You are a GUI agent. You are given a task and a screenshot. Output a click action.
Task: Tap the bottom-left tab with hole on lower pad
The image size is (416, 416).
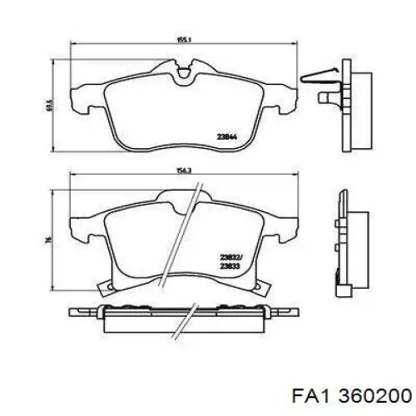coord(106,290)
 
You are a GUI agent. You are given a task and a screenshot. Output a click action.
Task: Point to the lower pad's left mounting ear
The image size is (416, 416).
coord(83,225)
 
